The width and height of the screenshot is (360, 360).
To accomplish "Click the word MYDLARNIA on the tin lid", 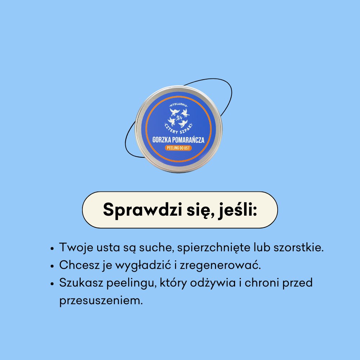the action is (179, 105).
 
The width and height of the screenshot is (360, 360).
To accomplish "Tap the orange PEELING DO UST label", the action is (178, 148).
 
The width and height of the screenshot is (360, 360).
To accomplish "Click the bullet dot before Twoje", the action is (52, 249).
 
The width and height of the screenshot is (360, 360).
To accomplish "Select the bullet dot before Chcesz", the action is (52, 266).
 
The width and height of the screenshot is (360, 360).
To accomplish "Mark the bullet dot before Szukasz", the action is (52, 284).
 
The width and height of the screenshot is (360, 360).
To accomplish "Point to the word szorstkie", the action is (298, 247).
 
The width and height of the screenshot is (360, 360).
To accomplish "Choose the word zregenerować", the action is (220, 265).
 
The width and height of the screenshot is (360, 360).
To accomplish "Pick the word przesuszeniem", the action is (101, 301).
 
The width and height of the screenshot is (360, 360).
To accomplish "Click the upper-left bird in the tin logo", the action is (174, 112).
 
